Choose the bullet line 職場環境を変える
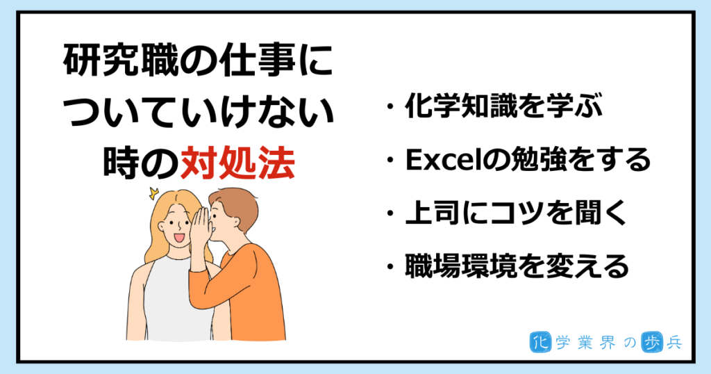tap(517, 266)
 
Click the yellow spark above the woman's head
tap(153, 194)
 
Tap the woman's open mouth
tap(180, 238)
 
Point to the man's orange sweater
tap(240, 295)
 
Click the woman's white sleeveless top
tap(177, 300)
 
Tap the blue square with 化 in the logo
tap(540, 343)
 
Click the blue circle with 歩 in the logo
tap(652, 343)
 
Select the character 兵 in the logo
tap(674, 343)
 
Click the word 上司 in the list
tap(433, 213)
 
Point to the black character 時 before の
tap(121, 162)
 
